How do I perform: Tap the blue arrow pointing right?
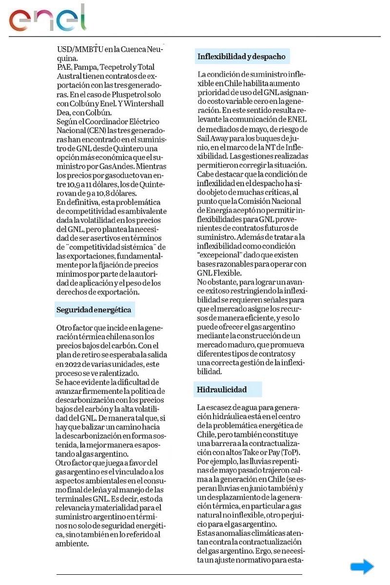[x=362, y=567]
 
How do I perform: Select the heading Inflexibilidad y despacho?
[x=241, y=57]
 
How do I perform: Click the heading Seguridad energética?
[x=94, y=310]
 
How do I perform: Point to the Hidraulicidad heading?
[x=222, y=390]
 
